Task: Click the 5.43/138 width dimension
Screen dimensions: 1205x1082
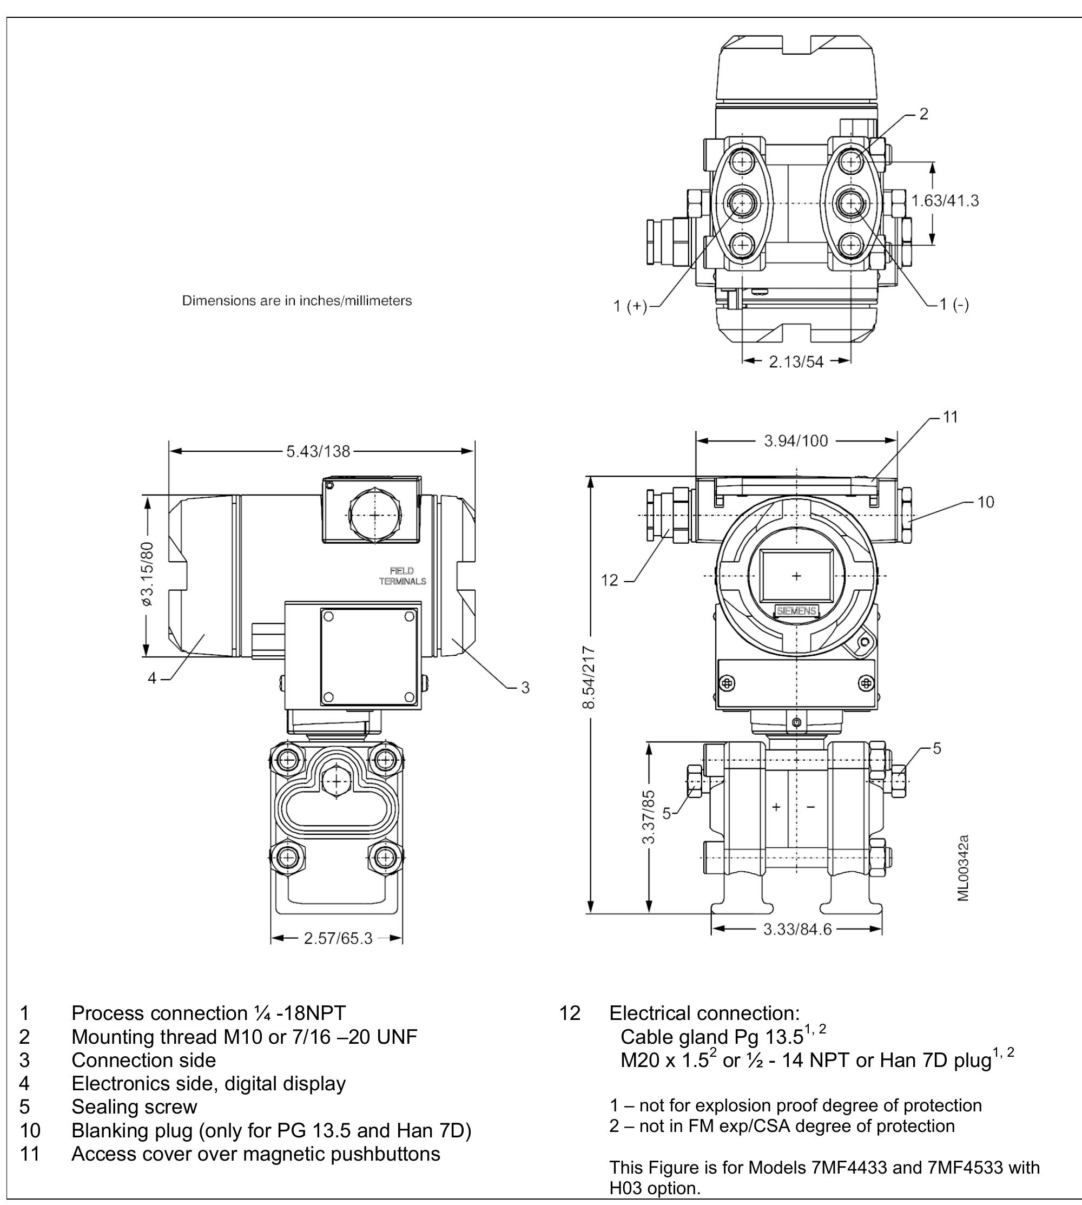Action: click(319, 451)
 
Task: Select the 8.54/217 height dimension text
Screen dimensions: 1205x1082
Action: click(589, 677)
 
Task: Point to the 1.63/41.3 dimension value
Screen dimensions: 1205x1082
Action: click(945, 201)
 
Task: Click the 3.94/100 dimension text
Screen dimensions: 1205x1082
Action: click(795, 440)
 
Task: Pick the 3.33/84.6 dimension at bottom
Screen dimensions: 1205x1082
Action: click(797, 929)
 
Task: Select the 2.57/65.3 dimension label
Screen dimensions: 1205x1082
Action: click(338, 938)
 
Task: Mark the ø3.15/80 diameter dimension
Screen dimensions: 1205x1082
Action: click(147, 574)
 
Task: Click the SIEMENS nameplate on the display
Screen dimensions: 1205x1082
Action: click(796, 611)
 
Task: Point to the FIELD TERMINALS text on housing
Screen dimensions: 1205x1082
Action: click(403, 576)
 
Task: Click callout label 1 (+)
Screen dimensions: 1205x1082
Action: click(630, 306)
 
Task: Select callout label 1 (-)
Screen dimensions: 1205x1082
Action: click(954, 305)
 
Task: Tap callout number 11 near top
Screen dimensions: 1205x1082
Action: click(951, 417)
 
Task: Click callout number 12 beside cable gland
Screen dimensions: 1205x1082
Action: click(610, 580)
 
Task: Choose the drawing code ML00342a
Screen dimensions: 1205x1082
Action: click(964, 868)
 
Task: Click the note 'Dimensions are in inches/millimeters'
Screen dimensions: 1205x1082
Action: click(296, 301)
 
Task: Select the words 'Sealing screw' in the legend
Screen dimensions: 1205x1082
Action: click(134, 1107)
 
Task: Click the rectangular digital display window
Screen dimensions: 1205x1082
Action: click(796, 576)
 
